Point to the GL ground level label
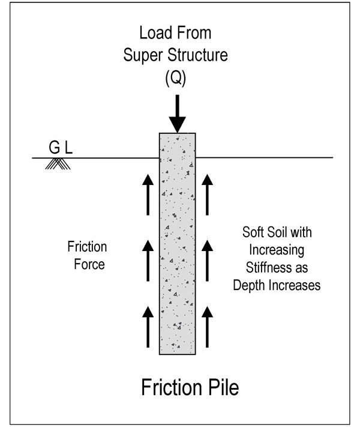click(x=61, y=147)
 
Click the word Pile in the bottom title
click(x=221, y=387)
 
